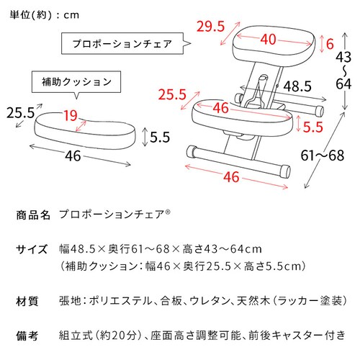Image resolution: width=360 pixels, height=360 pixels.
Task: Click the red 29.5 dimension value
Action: coord(210,27)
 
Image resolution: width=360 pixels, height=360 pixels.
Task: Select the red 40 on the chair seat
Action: coord(269,39)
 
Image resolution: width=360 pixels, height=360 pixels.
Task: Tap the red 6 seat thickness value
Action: coord(330,44)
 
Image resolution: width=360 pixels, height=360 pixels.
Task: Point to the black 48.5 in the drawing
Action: coord(297,86)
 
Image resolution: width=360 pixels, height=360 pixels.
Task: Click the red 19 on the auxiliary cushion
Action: coord(71,116)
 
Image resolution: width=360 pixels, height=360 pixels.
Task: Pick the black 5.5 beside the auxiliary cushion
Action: coord(160,137)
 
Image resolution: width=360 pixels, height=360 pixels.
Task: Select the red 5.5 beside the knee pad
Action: coord(313,127)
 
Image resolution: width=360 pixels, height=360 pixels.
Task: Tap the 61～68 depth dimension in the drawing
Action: coord(323,156)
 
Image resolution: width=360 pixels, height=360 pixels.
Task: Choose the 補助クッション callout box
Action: coord(76,82)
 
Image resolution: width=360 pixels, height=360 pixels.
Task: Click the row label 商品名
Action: coord(33,215)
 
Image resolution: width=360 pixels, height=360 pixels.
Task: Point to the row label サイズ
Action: coord(32,249)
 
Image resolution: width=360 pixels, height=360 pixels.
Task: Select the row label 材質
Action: coord(27,301)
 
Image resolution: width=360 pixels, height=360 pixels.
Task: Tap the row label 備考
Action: coord(27,336)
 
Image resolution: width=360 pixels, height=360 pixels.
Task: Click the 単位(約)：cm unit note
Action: coord(45,15)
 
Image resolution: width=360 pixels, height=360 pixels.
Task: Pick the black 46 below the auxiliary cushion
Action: coord(73,156)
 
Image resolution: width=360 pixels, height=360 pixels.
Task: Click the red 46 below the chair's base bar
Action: coord(231,177)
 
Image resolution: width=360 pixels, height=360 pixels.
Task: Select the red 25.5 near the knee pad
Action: coord(172,94)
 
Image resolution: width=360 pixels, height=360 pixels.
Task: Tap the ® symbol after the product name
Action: coord(168,212)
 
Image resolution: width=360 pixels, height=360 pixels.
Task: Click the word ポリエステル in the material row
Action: coord(120,301)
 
